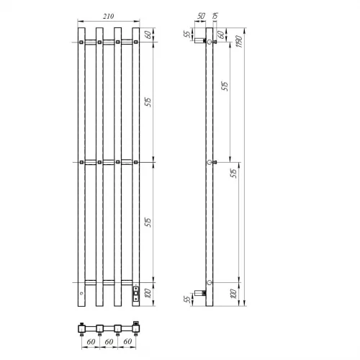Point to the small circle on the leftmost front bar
coord(81,294)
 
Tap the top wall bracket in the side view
coord(202,44)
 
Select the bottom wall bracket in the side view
coord(204,293)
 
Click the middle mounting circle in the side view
coord(210,163)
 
